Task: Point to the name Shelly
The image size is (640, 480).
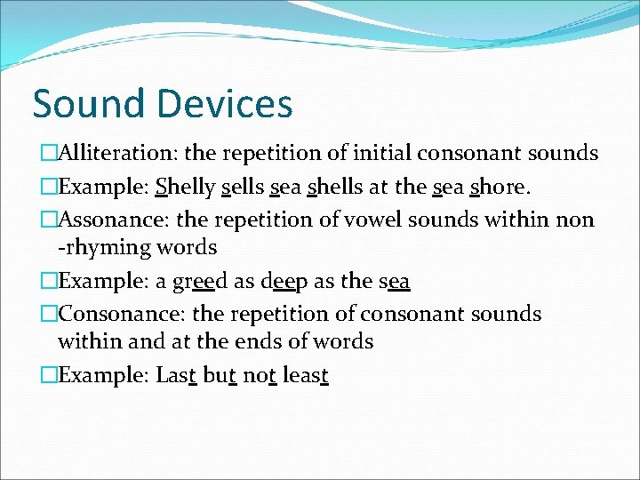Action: coord(186,188)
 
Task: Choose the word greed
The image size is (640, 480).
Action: coord(217,281)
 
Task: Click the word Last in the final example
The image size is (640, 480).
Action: coord(176,375)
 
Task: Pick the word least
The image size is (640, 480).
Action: coord(307,375)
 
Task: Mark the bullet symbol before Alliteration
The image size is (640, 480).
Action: coord(48,154)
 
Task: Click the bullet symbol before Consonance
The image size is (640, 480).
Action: coord(48,314)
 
